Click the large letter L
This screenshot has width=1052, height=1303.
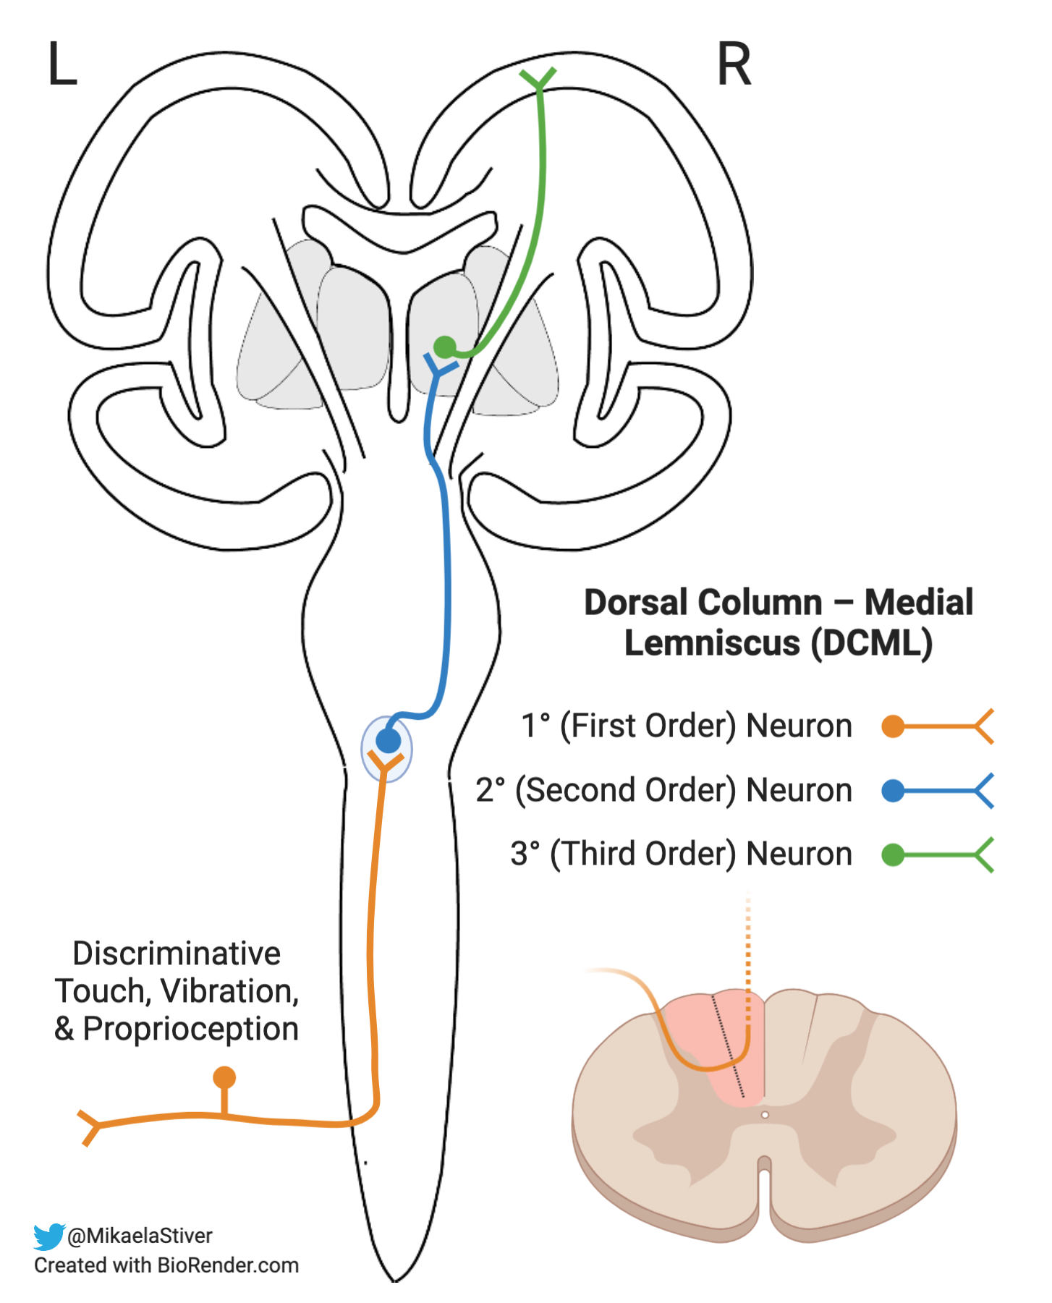coord(62,64)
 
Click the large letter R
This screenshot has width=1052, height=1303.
coord(734,64)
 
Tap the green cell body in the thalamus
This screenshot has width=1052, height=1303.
coord(444,347)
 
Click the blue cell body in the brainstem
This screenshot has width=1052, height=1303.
coord(389,741)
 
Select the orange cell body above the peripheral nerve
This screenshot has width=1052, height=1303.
coord(224,1078)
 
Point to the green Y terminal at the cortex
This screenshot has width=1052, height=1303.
coord(538,78)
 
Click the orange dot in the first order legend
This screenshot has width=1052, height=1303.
coord(893,726)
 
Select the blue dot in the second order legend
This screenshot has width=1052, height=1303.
coord(893,790)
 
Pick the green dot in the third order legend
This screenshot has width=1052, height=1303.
coord(893,854)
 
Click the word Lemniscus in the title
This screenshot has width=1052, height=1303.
coord(712,643)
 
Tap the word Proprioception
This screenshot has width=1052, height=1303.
coord(190,1029)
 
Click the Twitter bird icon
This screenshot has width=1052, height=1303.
coord(48,1236)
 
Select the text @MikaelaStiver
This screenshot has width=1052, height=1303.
coord(140,1236)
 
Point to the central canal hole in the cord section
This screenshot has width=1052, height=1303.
coord(765,1115)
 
